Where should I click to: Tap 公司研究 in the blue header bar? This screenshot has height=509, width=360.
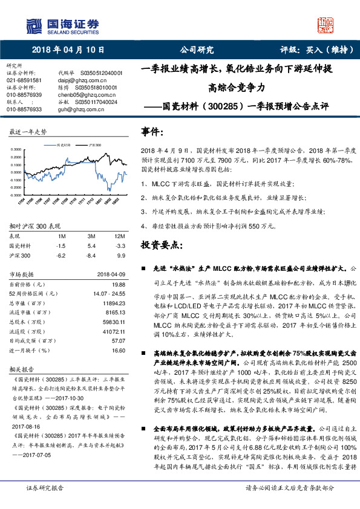coord(197,51)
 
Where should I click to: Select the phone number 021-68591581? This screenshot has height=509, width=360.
coord(24,80)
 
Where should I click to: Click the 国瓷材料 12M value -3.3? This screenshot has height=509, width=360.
coord(120,246)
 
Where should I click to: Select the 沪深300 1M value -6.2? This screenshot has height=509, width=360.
coord(61,256)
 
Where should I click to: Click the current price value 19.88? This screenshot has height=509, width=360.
coord(118,284)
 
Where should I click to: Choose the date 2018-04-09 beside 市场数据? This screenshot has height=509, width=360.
coord(111,274)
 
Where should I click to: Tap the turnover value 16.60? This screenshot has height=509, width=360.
coord(118,350)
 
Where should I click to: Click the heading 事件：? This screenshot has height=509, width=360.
coord(152,132)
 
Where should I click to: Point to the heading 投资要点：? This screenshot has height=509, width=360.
coord(162,245)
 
